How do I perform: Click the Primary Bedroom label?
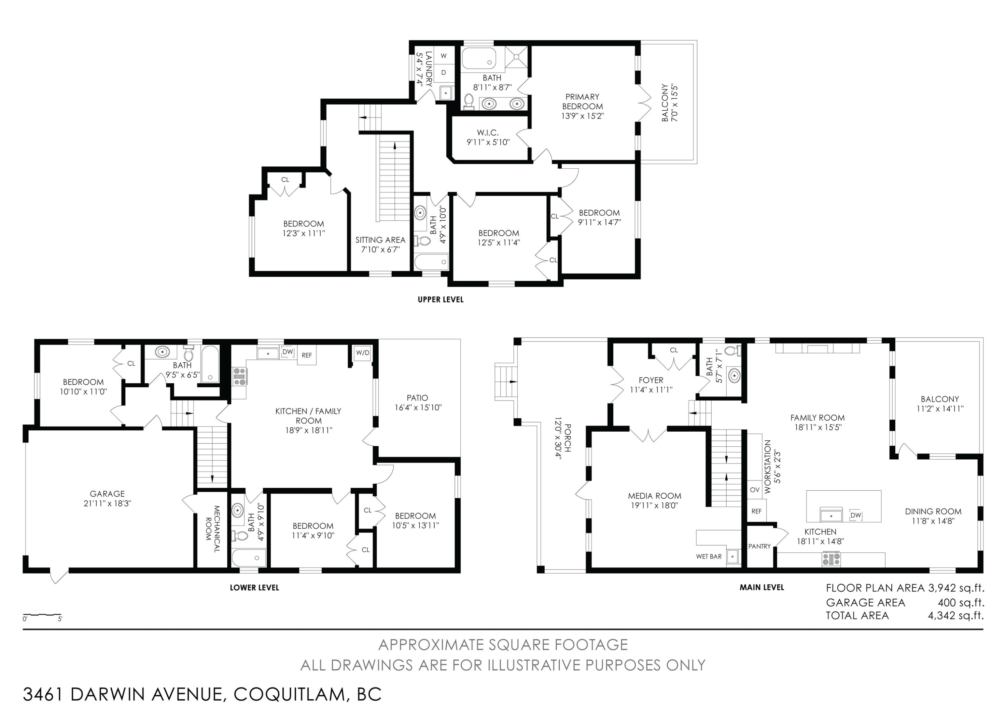click(x=582, y=102)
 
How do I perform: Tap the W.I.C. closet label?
click(x=488, y=132)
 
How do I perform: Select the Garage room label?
click(x=107, y=494)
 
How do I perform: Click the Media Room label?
click(x=655, y=496)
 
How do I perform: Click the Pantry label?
click(x=759, y=546)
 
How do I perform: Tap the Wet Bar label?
click(x=709, y=556)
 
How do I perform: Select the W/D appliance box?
click(x=362, y=353)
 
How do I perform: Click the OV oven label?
click(x=754, y=490)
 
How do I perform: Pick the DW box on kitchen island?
click(x=855, y=515)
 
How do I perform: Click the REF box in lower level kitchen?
click(x=307, y=355)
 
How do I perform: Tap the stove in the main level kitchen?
click(x=831, y=559)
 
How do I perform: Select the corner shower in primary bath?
click(x=517, y=57)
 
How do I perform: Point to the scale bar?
click(x=42, y=615)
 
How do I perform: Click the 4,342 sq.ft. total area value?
click(x=956, y=615)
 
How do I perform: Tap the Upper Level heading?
click(x=440, y=299)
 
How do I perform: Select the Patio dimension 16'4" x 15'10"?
click(x=418, y=407)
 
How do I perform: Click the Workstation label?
click(x=767, y=467)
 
